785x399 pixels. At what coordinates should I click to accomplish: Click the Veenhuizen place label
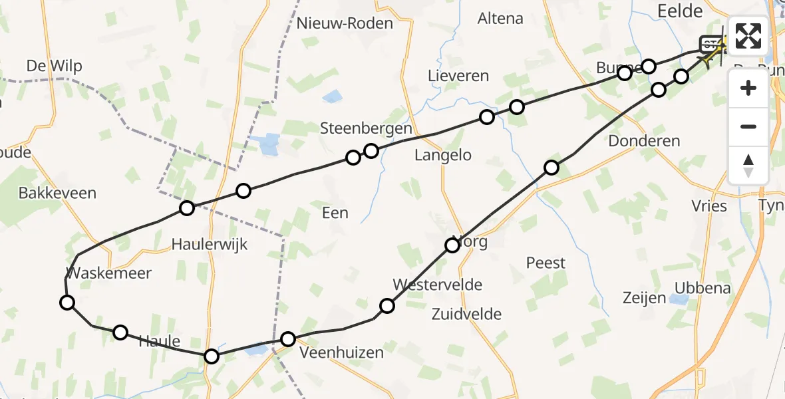pyautogui.click(x=342, y=352)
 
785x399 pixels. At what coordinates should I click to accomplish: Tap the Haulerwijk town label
pyautogui.click(x=209, y=244)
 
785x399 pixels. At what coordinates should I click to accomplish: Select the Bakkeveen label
pyautogui.click(x=57, y=194)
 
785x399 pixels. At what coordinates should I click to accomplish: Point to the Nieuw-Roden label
pyautogui.click(x=345, y=23)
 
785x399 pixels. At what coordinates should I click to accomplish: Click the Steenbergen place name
pyautogui.click(x=366, y=128)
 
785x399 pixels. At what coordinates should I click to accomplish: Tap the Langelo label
pyautogui.click(x=442, y=156)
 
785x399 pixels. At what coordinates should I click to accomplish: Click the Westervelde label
pyautogui.click(x=437, y=285)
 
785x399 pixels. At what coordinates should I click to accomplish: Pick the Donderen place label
pyautogui.click(x=645, y=141)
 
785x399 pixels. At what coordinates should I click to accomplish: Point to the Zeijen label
pyautogui.click(x=645, y=297)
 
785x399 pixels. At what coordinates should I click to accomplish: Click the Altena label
pyautogui.click(x=500, y=19)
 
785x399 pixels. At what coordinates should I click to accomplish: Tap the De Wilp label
pyautogui.click(x=55, y=66)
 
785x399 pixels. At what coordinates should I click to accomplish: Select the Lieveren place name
pyautogui.click(x=459, y=76)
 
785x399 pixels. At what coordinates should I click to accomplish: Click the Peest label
pyautogui.click(x=546, y=263)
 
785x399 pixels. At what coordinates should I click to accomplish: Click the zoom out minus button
pyautogui.click(x=748, y=126)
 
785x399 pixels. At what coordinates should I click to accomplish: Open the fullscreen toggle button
pyautogui.click(x=748, y=36)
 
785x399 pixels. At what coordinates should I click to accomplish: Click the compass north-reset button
pyautogui.click(x=748, y=165)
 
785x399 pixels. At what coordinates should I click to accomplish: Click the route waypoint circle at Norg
pyautogui.click(x=452, y=245)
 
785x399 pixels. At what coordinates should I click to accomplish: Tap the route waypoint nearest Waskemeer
pyautogui.click(x=67, y=303)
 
